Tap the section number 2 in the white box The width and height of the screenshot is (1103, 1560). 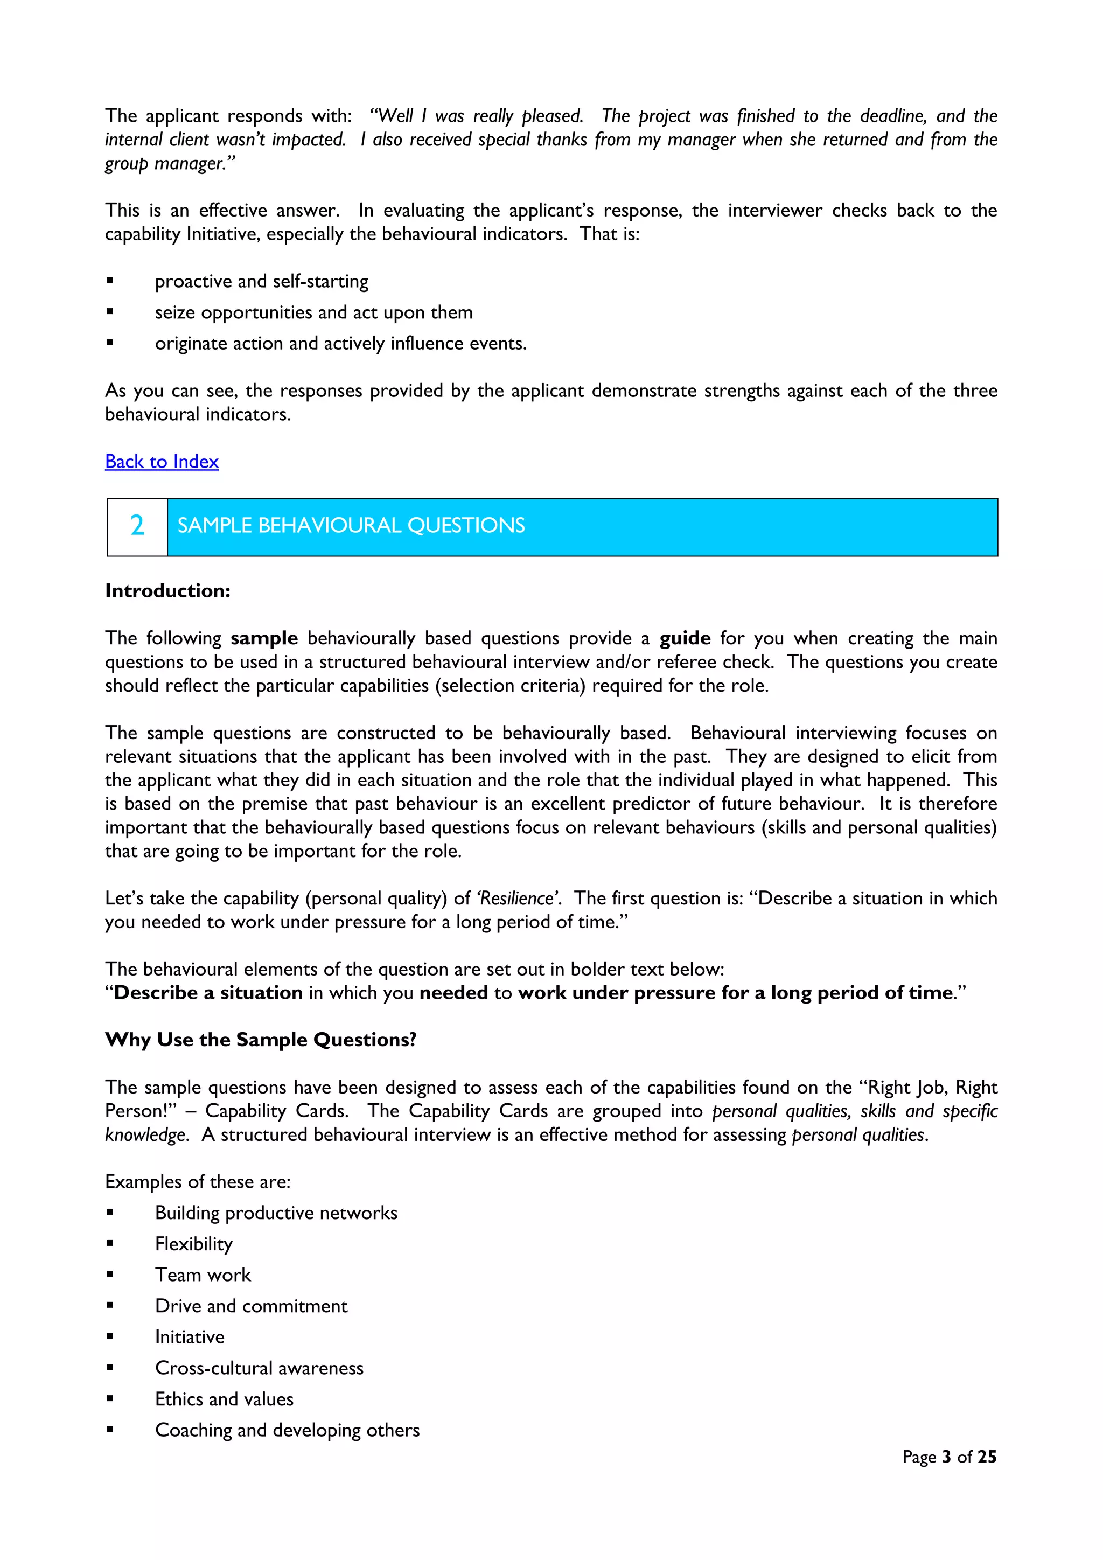[x=137, y=526]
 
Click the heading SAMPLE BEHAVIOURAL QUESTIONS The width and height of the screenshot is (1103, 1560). [x=351, y=526]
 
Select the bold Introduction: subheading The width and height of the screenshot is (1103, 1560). [x=167, y=591]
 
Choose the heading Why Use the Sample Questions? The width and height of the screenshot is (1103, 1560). [x=261, y=1040]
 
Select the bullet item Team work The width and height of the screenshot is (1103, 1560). [x=203, y=1276]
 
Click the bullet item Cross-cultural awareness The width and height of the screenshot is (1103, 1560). [x=259, y=1368]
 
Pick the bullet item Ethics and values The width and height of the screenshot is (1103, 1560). [x=224, y=1399]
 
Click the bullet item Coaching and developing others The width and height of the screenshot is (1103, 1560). [x=287, y=1430]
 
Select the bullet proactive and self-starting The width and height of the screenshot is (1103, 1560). [x=262, y=281]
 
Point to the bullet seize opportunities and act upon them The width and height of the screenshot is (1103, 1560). [x=313, y=312]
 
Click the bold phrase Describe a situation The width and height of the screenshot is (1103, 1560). [x=208, y=993]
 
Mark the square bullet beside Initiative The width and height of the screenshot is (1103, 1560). [x=110, y=1336]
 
